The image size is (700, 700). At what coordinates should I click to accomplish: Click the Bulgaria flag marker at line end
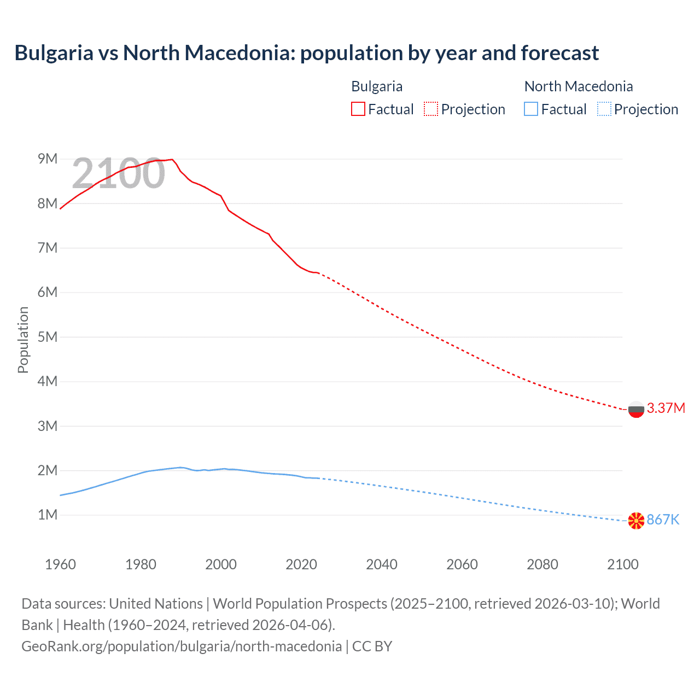coord(636,409)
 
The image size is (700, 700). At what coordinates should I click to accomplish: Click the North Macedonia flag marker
coord(636,521)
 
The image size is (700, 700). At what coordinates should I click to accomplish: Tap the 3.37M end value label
coord(666,409)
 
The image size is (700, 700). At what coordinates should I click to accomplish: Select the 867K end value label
coord(663,520)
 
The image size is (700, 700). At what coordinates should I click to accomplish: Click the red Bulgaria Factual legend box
coord(358,109)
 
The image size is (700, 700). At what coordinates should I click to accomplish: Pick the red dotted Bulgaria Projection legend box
coord(431,109)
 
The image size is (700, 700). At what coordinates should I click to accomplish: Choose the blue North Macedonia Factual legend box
coord(531,109)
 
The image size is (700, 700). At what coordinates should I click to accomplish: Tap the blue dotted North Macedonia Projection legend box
coord(604,109)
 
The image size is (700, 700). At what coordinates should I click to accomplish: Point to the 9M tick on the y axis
coord(48,159)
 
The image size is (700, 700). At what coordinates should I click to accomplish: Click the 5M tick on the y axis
coord(48,337)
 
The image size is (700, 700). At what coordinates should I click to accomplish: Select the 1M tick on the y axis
coord(48,515)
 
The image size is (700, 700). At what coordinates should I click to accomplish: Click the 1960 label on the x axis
coord(60,564)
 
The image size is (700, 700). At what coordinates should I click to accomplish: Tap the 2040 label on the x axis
coord(382,564)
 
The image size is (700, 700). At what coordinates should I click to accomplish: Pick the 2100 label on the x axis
coord(622,564)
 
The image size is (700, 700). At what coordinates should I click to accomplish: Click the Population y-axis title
coord(23,340)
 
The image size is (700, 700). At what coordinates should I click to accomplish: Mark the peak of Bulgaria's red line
coord(172,159)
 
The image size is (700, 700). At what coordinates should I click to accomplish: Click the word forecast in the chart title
coord(559,53)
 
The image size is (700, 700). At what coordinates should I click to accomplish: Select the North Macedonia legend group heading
coord(578,86)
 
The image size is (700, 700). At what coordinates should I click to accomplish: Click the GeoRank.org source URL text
coord(181,646)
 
